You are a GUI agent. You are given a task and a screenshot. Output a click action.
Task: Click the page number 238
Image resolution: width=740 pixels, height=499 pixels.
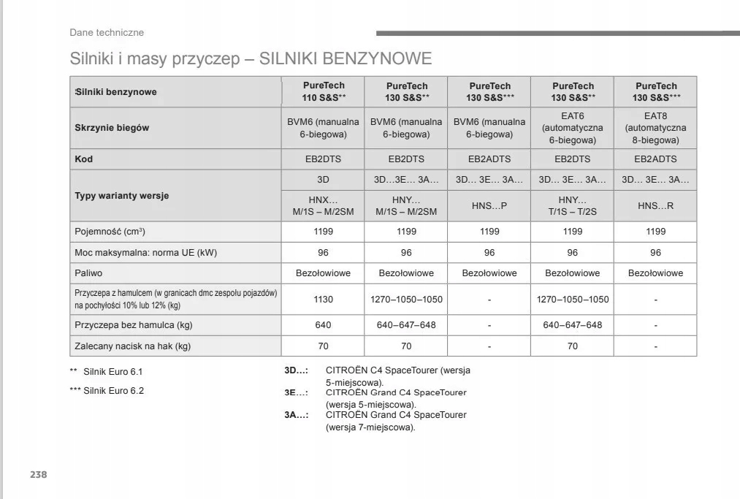(x=38, y=475)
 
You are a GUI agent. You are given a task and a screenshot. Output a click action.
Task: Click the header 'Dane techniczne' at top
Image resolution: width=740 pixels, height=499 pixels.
(x=107, y=32)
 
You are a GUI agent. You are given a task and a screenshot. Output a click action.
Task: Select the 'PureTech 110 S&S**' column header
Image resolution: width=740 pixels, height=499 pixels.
(x=324, y=91)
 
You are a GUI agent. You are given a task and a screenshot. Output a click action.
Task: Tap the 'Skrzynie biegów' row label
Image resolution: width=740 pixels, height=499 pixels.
(x=112, y=128)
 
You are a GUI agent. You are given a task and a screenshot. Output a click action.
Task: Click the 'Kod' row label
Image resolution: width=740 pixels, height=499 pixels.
(x=84, y=159)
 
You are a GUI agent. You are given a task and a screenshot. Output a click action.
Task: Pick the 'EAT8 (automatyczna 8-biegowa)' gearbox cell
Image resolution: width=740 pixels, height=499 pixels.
(x=655, y=128)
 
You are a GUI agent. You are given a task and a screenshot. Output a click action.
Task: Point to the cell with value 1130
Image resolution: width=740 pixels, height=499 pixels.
(x=323, y=300)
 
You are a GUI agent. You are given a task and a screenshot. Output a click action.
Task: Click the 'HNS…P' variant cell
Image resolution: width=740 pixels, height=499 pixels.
(x=489, y=206)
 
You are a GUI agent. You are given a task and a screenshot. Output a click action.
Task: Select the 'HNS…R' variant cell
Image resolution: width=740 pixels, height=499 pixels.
(x=655, y=206)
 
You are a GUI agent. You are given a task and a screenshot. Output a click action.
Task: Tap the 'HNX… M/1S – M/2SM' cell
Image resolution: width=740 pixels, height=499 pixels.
(x=323, y=206)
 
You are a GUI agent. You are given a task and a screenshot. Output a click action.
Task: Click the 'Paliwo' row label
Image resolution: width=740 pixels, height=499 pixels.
(x=88, y=273)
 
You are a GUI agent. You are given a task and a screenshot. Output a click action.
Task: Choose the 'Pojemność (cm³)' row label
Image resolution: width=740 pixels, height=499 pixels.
(x=110, y=232)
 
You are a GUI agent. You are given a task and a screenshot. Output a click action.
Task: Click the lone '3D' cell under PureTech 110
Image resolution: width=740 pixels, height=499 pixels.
(x=323, y=180)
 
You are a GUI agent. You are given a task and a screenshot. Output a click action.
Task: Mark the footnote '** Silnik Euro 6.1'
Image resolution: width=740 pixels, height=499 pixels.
(x=106, y=372)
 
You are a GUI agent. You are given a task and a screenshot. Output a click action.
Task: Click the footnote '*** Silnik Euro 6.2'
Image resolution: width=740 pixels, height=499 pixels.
(x=107, y=391)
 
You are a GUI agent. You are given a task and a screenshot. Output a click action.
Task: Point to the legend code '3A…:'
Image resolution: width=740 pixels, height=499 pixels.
(x=296, y=415)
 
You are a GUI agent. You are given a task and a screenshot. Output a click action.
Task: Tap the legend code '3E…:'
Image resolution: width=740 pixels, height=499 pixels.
(x=296, y=393)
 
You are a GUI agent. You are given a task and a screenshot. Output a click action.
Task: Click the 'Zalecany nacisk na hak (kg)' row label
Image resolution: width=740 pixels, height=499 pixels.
(x=132, y=346)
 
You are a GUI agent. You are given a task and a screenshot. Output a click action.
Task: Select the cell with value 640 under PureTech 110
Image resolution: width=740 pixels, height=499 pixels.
(x=323, y=325)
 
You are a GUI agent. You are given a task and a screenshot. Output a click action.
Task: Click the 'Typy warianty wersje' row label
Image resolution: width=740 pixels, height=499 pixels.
(x=122, y=196)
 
